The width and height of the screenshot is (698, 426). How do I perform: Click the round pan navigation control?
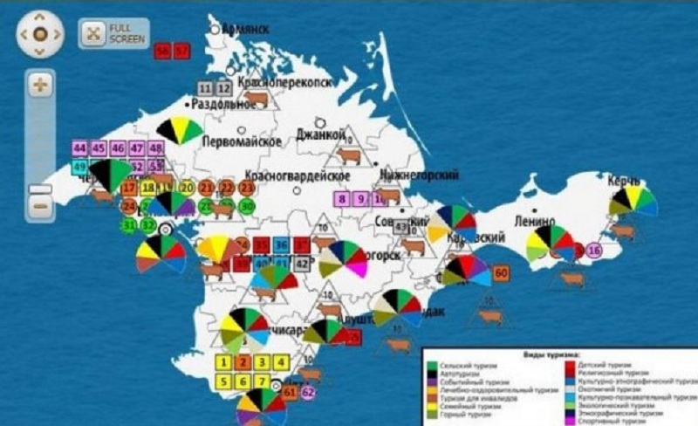(x=39, y=34)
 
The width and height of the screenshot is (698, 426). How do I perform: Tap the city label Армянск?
(x=245, y=29)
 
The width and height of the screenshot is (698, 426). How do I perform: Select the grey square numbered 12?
(x=224, y=88)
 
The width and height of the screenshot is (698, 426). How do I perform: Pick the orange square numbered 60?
(x=501, y=273)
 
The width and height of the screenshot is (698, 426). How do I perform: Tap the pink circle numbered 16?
(x=594, y=251)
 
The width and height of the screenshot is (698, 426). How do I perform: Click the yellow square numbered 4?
(x=281, y=361)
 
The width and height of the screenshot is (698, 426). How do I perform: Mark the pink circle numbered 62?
(x=308, y=393)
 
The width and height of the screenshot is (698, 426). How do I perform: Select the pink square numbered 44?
(x=80, y=148)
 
